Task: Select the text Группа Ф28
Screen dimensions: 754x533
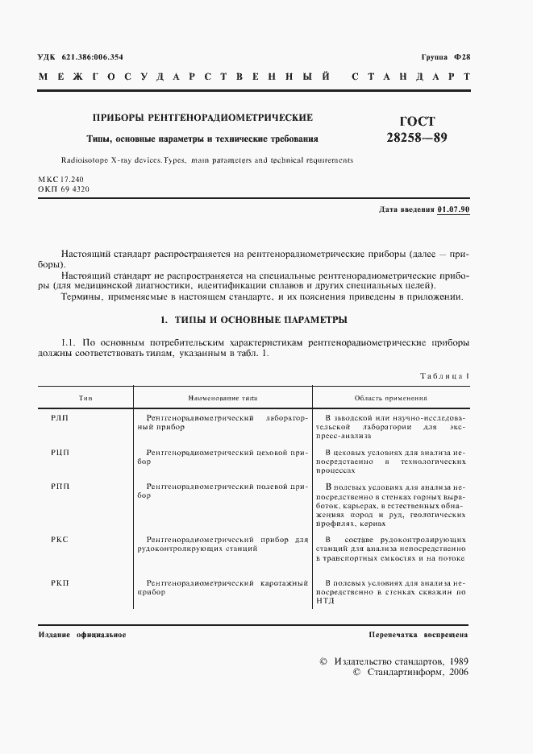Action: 445,56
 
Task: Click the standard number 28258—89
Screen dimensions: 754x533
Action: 417,137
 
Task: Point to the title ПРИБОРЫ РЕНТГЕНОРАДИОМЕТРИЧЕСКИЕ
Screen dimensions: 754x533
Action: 202,118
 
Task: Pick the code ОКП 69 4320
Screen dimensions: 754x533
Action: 63,188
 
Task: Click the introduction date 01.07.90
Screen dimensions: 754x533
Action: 454,210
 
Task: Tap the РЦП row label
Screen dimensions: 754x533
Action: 60,454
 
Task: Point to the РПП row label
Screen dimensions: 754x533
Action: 60,488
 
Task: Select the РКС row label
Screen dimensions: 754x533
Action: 60,540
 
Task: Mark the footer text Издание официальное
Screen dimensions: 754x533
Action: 82,635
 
